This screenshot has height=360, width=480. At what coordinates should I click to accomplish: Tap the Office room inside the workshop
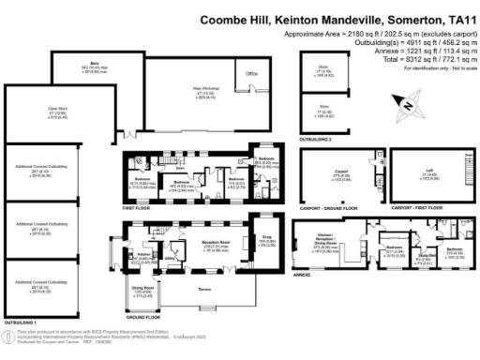[252, 72]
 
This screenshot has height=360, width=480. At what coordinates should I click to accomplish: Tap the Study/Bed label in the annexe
[424, 252]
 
